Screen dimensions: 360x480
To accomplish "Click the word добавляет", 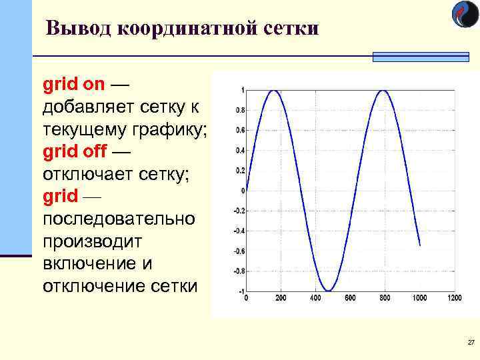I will click(x=91, y=107).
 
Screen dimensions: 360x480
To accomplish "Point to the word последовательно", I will click(x=119, y=219).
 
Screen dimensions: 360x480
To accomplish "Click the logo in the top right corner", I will click(x=465, y=15).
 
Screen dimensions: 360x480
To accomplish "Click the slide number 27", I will click(x=471, y=343).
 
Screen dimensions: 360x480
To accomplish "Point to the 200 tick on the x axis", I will click(x=281, y=298).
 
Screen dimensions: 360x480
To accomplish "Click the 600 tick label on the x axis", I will click(x=350, y=298).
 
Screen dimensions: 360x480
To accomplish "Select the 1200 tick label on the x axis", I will click(x=454, y=298).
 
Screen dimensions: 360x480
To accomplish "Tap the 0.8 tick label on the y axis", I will click(x=239, y=110).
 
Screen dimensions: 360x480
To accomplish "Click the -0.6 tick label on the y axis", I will click(x=239, y=251).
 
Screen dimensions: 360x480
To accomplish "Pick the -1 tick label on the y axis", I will click(x=240, y=291).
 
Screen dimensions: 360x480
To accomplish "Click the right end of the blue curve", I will click(x=419, y=245).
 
